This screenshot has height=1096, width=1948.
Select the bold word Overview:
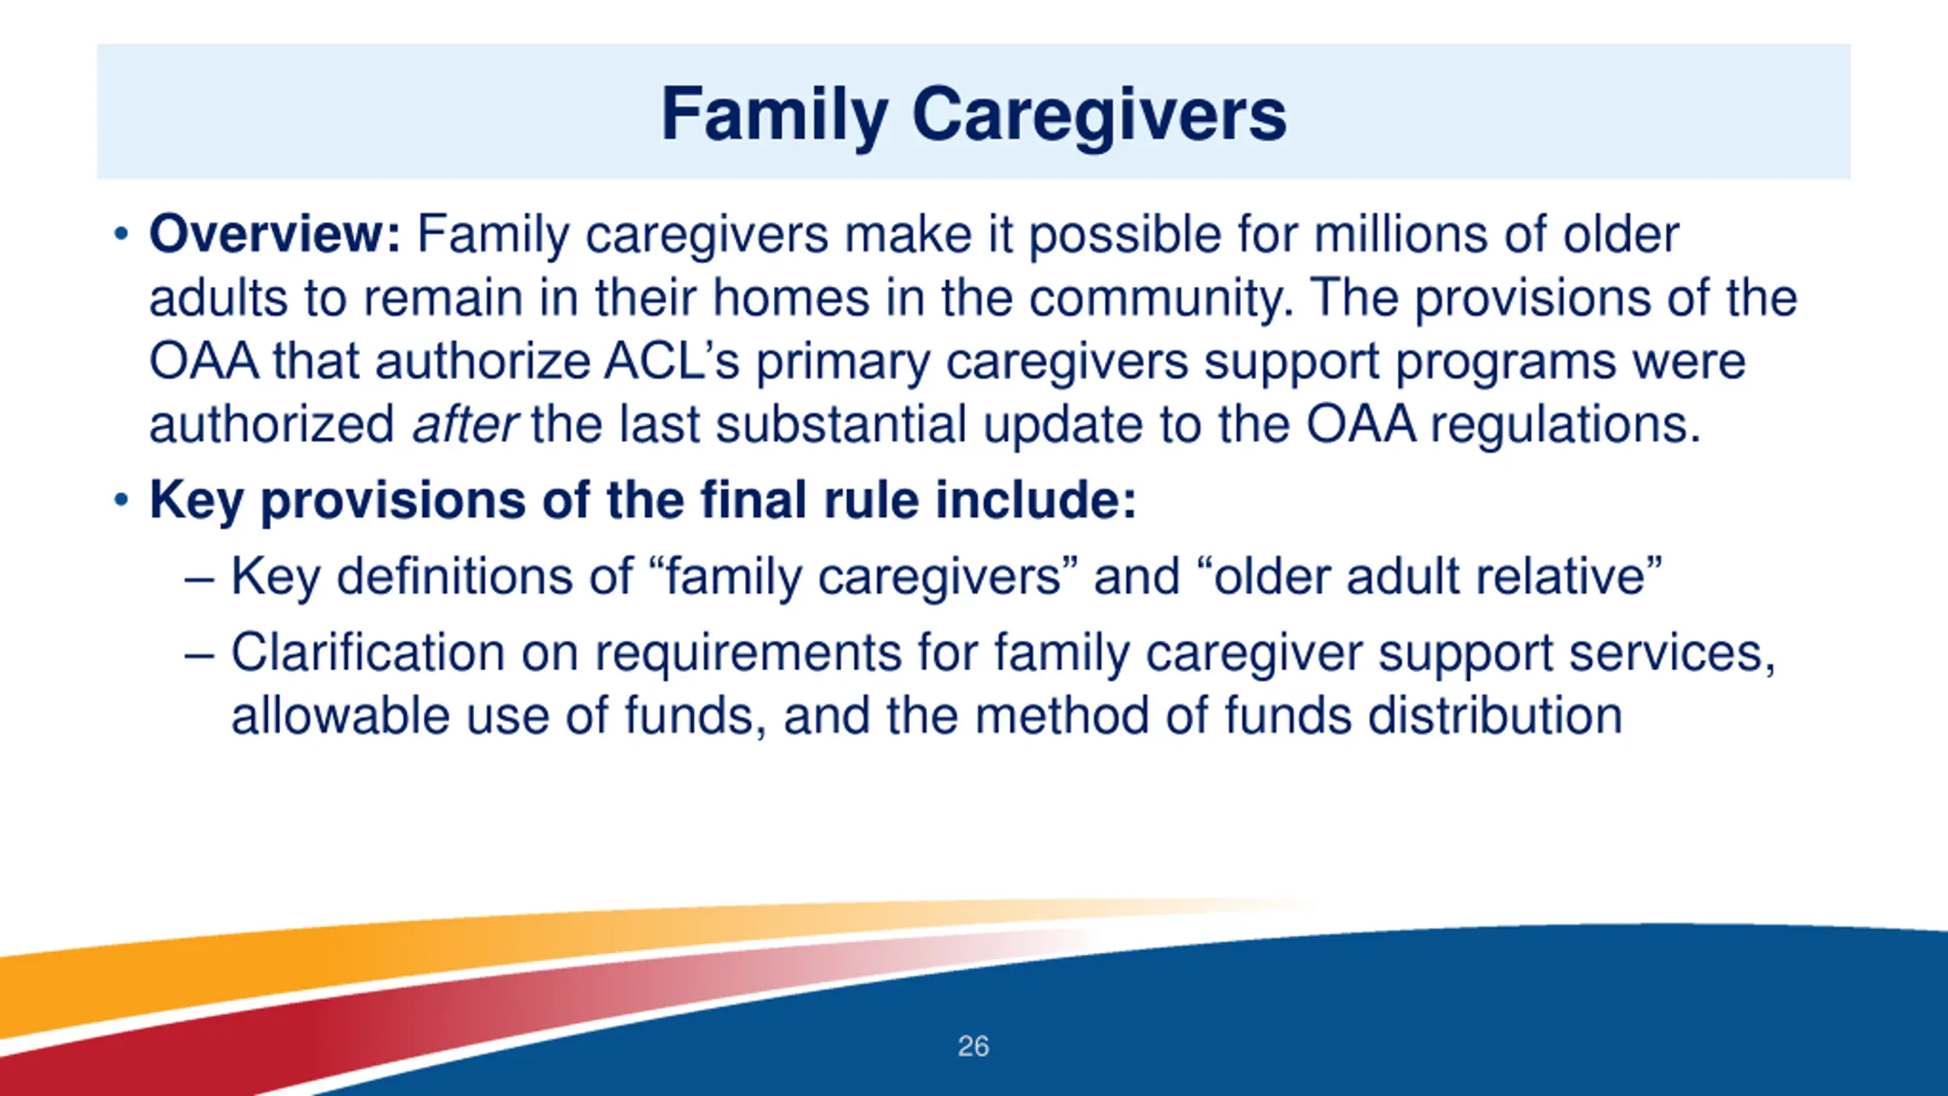[275, 234]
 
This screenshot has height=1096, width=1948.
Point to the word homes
[791, 297]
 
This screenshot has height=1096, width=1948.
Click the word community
[1161, 298]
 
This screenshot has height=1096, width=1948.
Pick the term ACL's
[672, 361]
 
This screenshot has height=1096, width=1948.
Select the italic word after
[465, 424]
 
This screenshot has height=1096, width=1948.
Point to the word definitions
[485, 576]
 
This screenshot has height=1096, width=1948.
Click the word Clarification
[368, 652]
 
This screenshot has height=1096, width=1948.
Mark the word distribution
[1495, 715]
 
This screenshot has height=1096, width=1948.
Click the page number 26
[973, 1047]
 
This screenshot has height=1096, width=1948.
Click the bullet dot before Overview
[121, 234]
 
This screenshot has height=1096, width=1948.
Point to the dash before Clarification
[200, 655]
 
